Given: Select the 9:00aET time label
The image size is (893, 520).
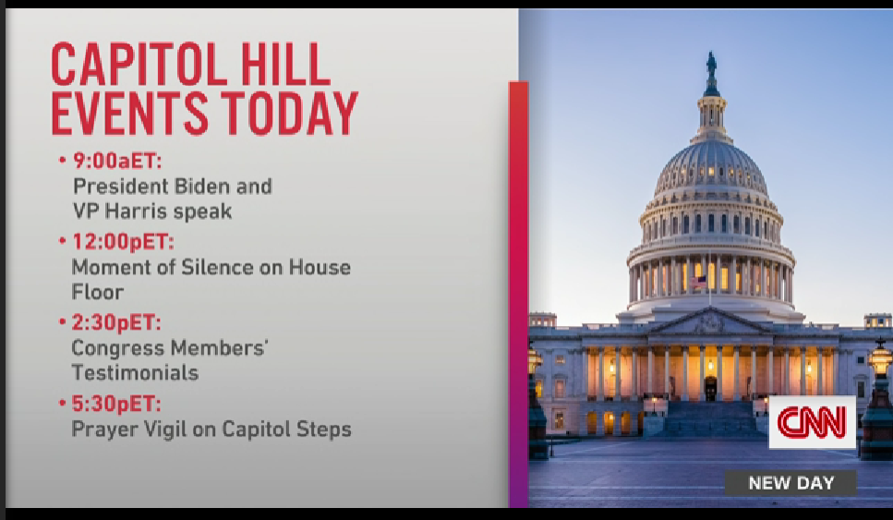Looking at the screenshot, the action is [x=117, y=162].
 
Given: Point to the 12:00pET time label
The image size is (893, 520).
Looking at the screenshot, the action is [x=123, y=242].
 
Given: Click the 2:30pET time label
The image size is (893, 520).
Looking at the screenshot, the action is [x=116, y=323].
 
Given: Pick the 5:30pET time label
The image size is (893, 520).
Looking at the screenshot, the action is [x=116, y=404].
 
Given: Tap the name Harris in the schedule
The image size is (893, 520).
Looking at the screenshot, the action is [x=137, y=212].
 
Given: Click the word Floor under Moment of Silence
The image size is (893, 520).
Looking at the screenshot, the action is [x=97, y=292].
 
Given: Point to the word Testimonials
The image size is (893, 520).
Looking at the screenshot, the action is [x=135, y=373].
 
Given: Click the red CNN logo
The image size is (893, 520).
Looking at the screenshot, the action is [x=812, y=423].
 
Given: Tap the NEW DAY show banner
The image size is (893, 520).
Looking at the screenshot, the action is [x=790, y=483].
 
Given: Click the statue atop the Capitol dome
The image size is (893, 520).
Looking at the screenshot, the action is [x=711, y=66].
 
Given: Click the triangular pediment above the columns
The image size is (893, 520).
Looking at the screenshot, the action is [x=709, y=322].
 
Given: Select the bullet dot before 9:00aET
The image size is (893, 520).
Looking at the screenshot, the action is [x=63, y=161].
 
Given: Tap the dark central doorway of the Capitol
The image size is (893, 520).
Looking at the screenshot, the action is [x=710, y=389].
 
